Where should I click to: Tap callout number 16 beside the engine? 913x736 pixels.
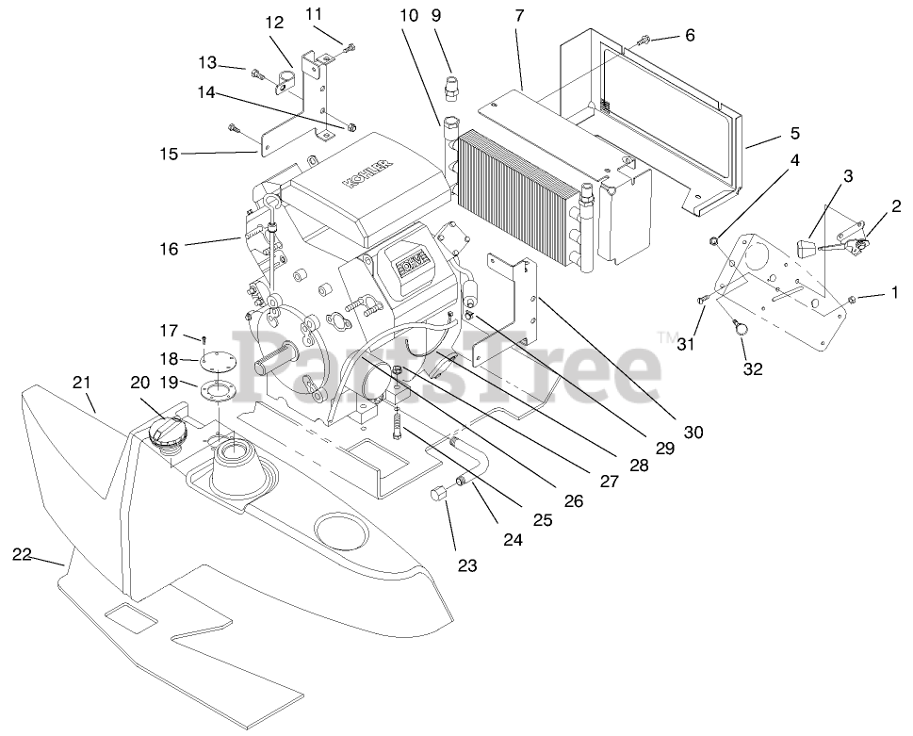(170, 249)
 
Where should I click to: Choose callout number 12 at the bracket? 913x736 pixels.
(274, 22)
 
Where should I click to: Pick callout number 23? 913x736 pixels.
(467, 565)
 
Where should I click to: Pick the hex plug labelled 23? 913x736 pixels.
(438, 495)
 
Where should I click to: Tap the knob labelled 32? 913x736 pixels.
(740, 329)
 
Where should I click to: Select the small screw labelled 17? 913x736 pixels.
(204, 338)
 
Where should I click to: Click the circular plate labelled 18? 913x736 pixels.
(216, 360)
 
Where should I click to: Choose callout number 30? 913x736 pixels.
(693, 432)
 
